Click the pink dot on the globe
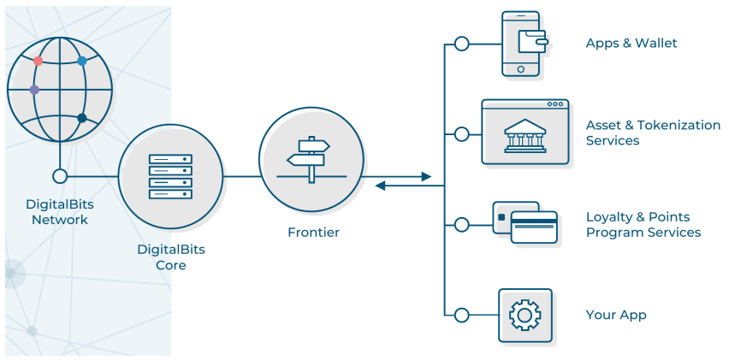coord(38,61)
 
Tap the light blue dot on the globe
coord(82,61)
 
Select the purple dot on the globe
coord(34,90)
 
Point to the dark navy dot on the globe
coord(82,118)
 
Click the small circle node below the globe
coord(60,176)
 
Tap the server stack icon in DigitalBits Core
coord(170,176)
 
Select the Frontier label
coord(313,232)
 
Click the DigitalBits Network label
coord(60,212)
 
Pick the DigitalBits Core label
coord(171,257)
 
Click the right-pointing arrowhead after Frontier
coord(426,177)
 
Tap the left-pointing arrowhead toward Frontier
coord(380,186)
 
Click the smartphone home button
coord(521,69)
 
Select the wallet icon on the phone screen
coord(532,42)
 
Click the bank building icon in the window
coord(525,136)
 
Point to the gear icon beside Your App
coord(525,315)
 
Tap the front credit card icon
coord(534,227)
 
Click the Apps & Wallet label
coord(631,43)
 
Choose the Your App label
coord(616,315)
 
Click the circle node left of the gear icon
coord(462,315)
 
